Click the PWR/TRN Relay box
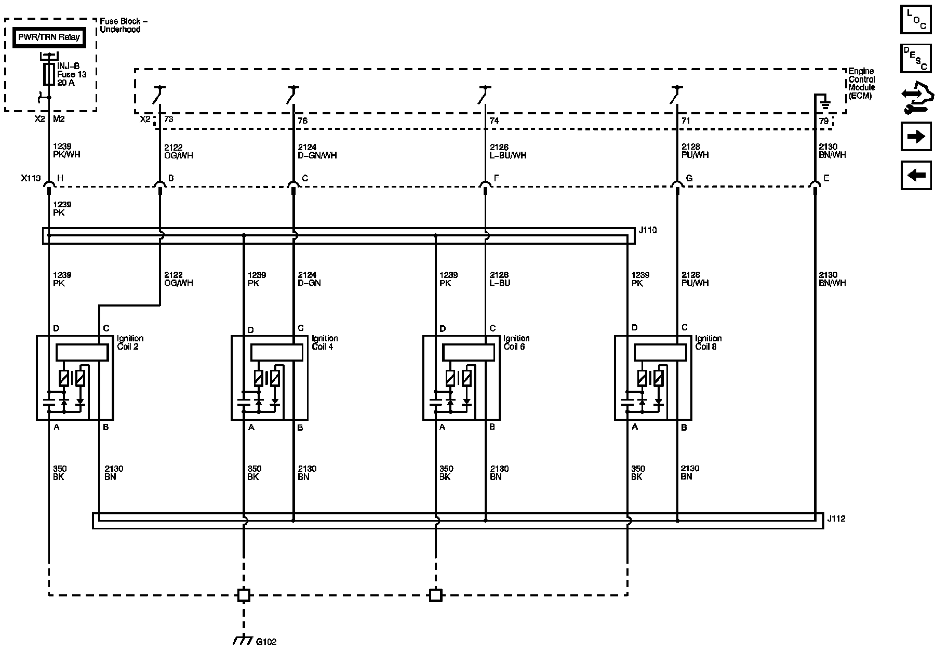[x=49, y=37]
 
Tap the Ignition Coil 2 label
[x=130, y=342]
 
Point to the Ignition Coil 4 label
[x=325, y=342]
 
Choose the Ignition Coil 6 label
[x=516, y=342]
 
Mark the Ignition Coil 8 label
[x=708, y=342]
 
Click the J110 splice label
[x=647, y=230]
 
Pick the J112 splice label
[x=836, y=518]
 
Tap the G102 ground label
[x=266, y=642]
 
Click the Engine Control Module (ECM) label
[x=862, y=83]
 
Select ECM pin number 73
[x=168, y=119]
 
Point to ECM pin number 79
[x=823, y=121]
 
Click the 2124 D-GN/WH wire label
[x=317, y=151]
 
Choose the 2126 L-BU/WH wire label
[x=507, y=151]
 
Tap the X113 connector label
[x=31, y=178]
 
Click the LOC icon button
[x=916, y=19]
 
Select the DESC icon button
[x=916, y=58]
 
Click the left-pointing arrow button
[x=916, y=175]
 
